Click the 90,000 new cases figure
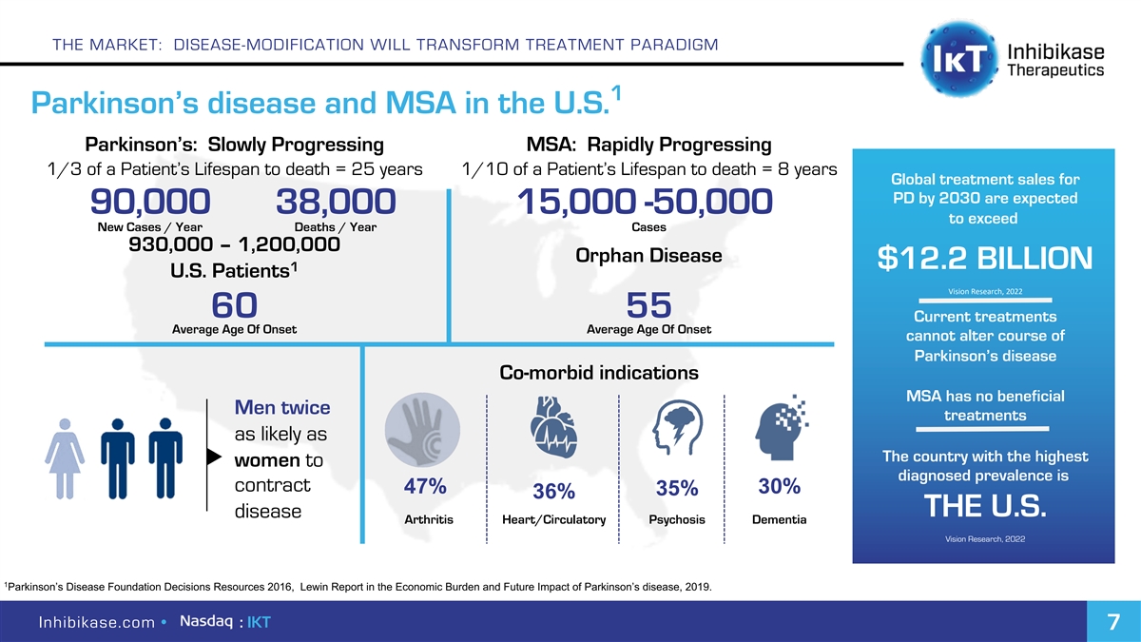[150, 203]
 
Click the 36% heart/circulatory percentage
[553, 492]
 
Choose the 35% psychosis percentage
[677, 489]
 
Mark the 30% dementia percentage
[780, 486]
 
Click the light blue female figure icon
[65, 457]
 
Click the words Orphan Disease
[648, 257]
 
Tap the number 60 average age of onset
[234, 305]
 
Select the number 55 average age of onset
[649, 305]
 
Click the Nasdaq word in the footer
[206, 621]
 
